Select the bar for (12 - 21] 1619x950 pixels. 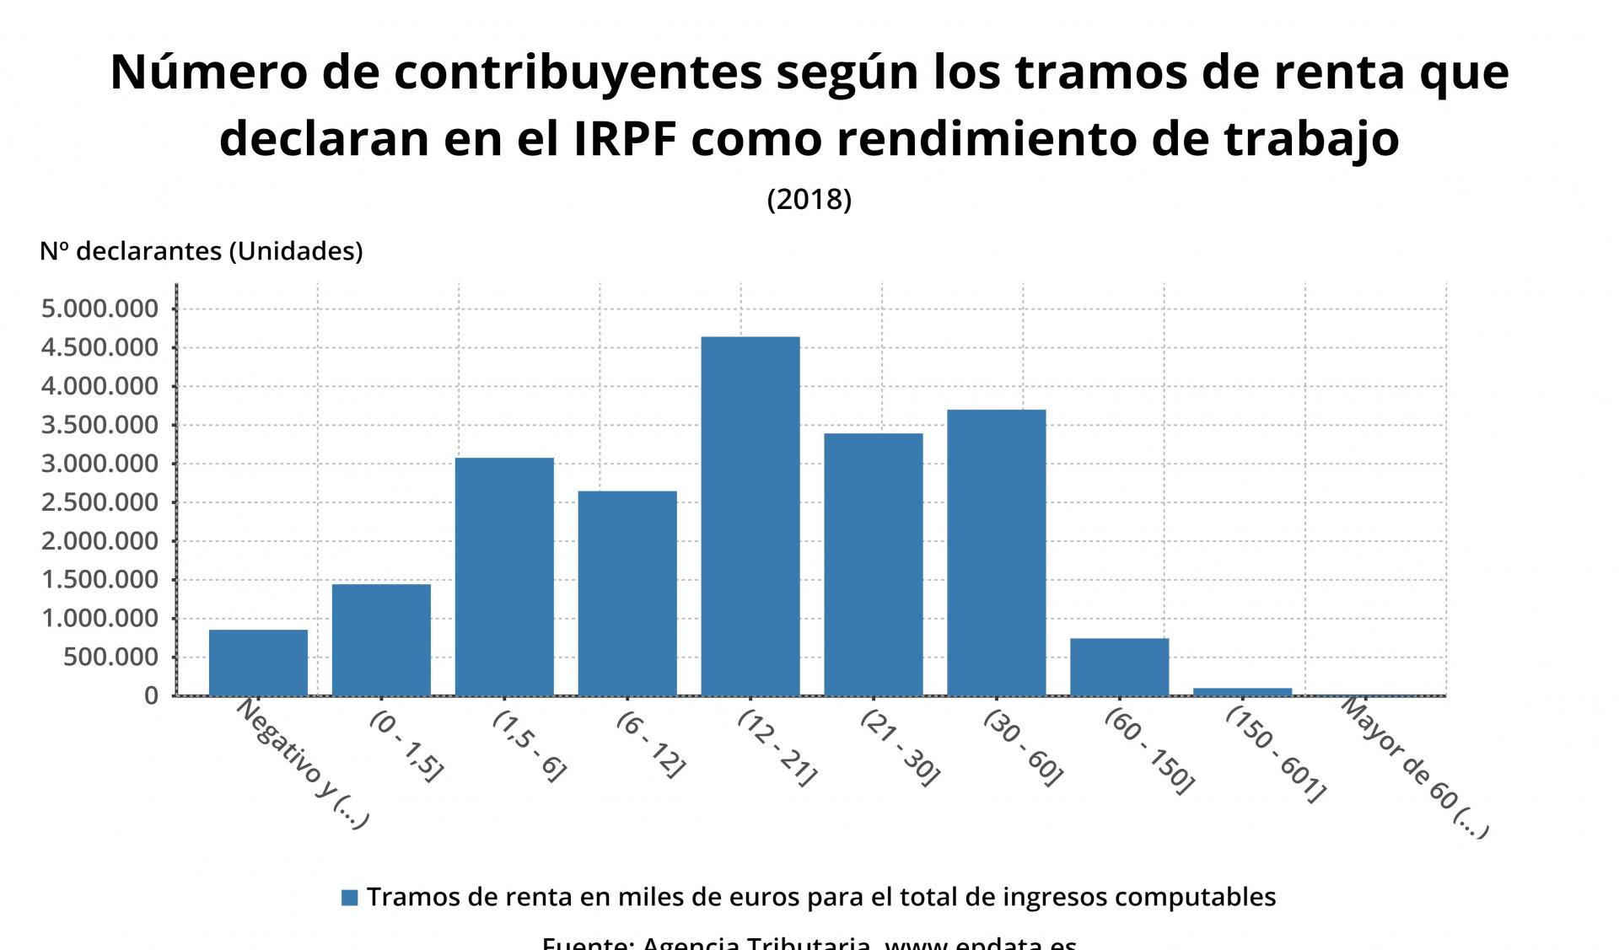[750, 516]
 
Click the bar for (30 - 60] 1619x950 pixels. [996, 552]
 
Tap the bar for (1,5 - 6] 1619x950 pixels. [504, 577]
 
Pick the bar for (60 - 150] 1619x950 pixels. [1119, 667]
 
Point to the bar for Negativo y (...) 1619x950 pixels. [258, 663]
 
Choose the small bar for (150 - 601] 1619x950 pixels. [1242, 692]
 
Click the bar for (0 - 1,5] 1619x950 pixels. [381, 640]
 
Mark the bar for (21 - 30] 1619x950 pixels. [873, 564]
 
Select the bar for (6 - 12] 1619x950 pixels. [627, 593]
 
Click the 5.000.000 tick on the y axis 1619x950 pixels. [100, 309]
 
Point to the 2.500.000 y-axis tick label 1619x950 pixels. [100, 502]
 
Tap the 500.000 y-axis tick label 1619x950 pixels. [110, 657]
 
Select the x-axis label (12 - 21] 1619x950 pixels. [777, 748]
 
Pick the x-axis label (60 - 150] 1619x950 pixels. [1149, 751]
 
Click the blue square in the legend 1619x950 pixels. [349, 898]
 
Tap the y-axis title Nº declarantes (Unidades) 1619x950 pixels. [201, 251]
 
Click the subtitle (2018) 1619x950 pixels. [809, 199]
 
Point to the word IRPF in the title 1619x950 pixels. [625, 139]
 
